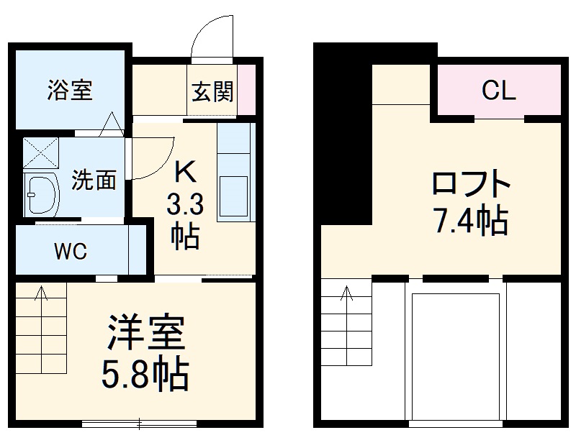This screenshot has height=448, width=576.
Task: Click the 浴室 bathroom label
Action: (70, 91)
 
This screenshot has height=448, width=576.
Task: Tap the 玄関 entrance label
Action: (212, 91)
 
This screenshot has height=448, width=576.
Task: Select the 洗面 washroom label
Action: (94, 180)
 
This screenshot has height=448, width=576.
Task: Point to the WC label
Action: (71, 252)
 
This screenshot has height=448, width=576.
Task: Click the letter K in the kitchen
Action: (185, 173)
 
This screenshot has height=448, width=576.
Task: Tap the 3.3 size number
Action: (185, 206)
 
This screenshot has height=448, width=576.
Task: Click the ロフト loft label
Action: (471, 185)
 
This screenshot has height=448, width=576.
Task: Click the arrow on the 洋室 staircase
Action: (41, 295)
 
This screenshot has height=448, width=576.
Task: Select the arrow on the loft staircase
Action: (347, 295)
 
